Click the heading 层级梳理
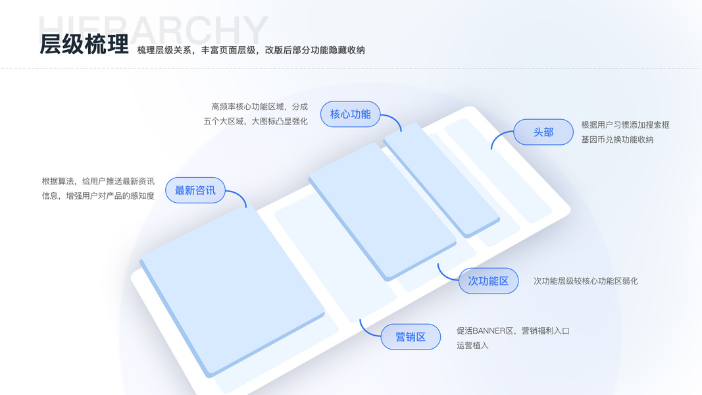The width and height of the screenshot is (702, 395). [x=84, y=44]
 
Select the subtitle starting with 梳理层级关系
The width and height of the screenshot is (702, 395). [x=251, y=50]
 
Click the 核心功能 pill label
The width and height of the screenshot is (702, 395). [x=350, y=114]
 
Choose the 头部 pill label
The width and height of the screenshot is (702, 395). [x=543, y=132]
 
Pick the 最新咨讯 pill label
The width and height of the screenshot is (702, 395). [x=195, y=190]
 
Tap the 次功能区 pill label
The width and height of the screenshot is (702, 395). [x=488, y=281]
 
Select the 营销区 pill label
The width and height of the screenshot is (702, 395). [x=410, y=337]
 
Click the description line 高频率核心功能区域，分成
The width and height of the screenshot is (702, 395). [x=259, y=107]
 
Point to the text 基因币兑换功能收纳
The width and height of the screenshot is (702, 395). [x=617, y=140]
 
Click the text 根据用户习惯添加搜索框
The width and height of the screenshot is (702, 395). [x=625, y=124]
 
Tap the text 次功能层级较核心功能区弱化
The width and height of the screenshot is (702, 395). [x=586, y=281]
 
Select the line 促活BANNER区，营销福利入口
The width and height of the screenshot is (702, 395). [x=513, y=330]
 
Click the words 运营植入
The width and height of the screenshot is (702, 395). [x=472, y=346]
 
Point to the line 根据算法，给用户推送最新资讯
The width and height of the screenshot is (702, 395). [x=98, y=181]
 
